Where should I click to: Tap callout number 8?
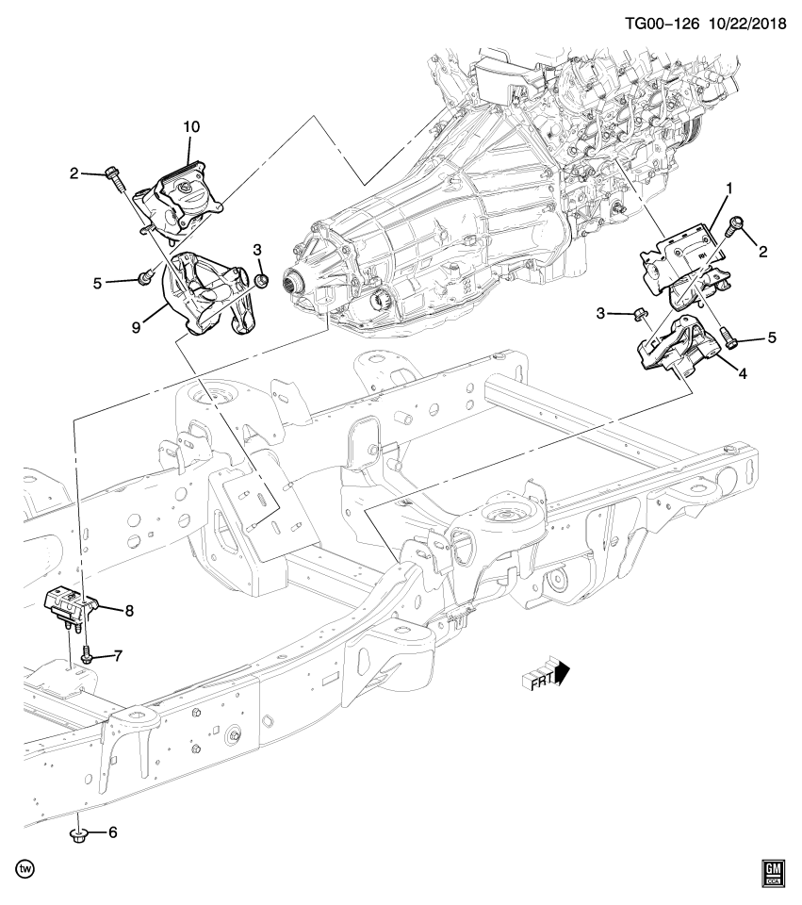pos(128,611)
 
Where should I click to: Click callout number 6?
pos(112,832)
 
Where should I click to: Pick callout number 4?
pos(743,374)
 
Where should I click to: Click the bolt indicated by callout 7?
pos(86,654)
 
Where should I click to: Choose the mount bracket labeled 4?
pos(681,352)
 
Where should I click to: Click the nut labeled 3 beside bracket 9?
pos(262,279)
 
